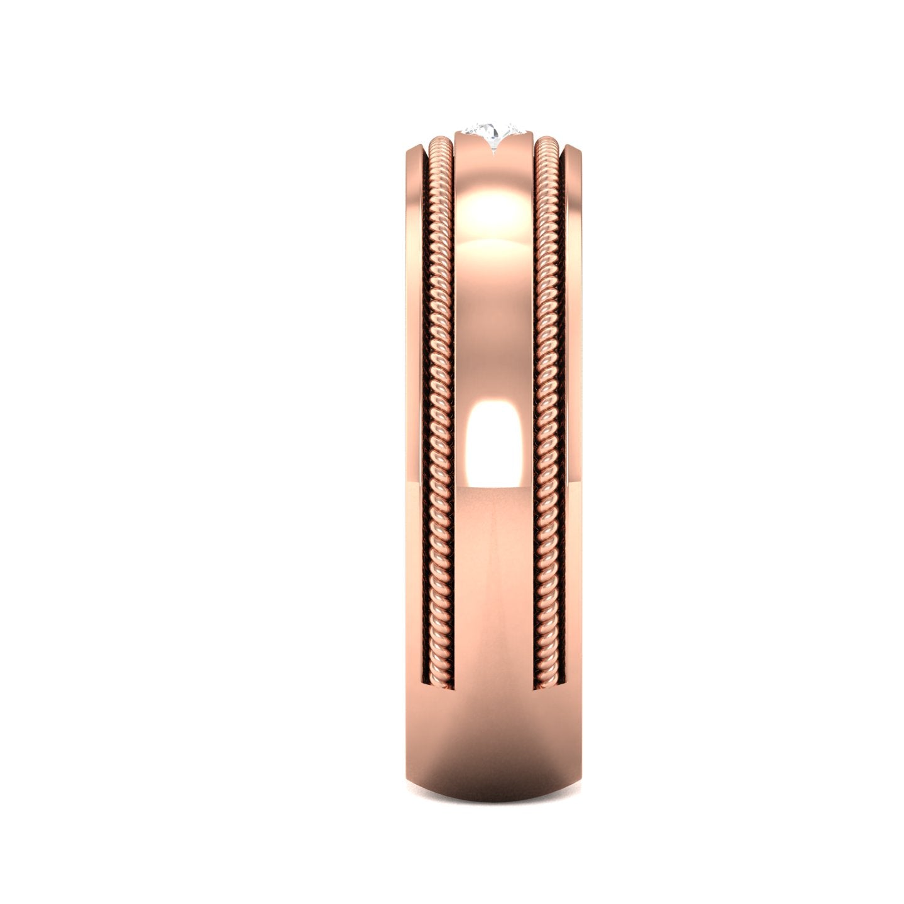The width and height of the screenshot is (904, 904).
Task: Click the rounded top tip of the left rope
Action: [439, 143]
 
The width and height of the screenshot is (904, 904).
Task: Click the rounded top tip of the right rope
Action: [548, 143]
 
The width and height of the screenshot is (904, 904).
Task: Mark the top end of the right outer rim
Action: [573, 149]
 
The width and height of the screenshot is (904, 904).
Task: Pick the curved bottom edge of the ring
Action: [493, 819]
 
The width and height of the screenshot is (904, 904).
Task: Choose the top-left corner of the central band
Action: [455, 134]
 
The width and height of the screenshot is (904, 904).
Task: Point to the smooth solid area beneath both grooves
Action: [493, 741]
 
